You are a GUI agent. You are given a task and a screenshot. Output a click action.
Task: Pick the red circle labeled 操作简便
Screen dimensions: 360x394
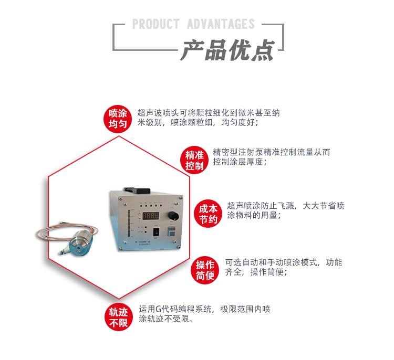click(x=205, y=270)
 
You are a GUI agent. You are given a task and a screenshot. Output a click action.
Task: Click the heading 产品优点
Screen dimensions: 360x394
click(x=227, y=51)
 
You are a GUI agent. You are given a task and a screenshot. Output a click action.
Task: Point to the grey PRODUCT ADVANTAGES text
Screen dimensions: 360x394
click(x=193, y=24)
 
